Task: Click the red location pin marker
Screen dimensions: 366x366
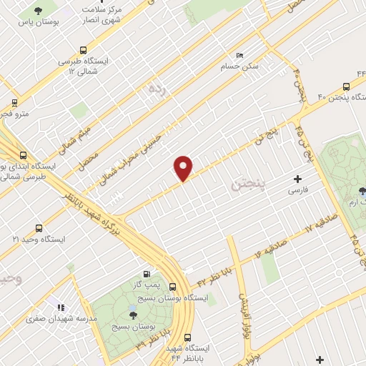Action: click(184, 168)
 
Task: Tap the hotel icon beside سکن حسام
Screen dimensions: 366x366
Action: click(239, 55)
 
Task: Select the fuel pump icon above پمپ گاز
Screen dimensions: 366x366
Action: click(147, 273)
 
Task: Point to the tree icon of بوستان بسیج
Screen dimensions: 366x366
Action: click(133, 313)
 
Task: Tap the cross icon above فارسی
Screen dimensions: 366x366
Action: click(297, 179)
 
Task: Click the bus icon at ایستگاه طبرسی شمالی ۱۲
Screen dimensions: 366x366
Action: click(84, 51)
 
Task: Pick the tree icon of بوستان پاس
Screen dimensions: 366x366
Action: click(36, 12)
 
